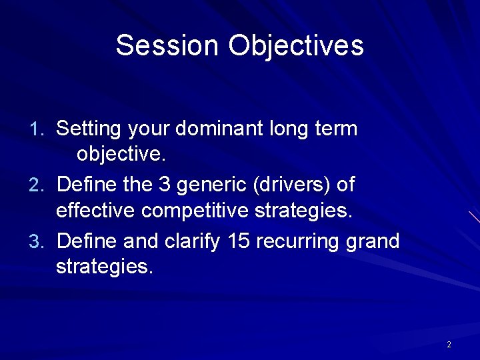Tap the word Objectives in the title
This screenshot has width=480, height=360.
[x=297, y=46]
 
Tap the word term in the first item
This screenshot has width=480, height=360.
[x=337, y=128]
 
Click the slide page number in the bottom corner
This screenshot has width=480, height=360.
[x=449, y=344]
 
